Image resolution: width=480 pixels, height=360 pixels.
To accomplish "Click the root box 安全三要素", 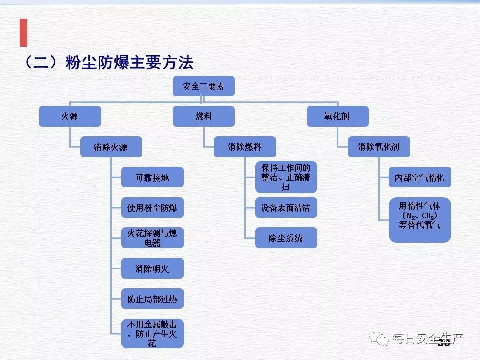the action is pos(203,86).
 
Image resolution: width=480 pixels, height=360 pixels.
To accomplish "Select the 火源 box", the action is pos(70,116).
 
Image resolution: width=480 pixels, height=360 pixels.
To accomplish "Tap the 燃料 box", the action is pos(203,116).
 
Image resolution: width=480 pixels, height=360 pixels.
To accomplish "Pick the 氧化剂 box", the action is pos(337,116).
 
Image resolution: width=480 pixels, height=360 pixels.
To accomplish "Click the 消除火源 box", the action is pos(111,147).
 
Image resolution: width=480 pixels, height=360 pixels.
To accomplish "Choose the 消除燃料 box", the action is pos(244,147).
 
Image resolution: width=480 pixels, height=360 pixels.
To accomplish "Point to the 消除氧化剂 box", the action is pos(378,147).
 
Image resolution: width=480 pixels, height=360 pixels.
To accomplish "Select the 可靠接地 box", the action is pos(152,177).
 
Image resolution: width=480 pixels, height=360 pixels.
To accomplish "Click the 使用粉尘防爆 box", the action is pos(152,207).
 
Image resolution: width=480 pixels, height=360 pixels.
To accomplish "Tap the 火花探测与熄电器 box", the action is pos(152,238).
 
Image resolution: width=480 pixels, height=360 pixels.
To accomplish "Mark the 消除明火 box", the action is pos(152,268).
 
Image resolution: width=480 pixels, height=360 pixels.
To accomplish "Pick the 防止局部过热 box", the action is pos(152,299).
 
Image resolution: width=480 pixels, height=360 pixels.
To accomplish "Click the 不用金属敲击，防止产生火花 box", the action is pos(152,333).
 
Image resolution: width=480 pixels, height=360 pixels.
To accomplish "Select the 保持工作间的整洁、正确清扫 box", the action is pos(286,177).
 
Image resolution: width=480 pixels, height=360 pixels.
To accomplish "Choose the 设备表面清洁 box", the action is pos(286,207).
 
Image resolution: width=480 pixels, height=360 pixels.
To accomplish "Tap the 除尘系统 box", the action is pos(286,238).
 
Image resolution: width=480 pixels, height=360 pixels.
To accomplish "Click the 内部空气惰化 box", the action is pos(420,177).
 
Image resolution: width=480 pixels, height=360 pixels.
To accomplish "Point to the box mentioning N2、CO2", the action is pos(420,220).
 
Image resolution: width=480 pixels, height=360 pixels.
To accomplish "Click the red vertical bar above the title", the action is pos(23,33).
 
